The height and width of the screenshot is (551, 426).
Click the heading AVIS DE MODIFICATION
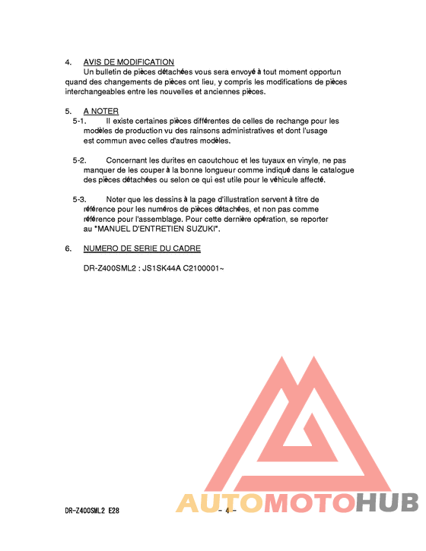click(x=129, y=62)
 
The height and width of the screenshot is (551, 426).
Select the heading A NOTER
click(x=100, y=112)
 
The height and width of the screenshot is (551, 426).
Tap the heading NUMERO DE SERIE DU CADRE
click(x=142, y=249)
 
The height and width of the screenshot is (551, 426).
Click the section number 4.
click(x=68, y=62)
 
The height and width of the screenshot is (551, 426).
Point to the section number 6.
click(x=68, y=249)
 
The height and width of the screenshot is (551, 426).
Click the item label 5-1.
click(x=79, y=121)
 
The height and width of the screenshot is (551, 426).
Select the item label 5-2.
click(x=79, y=160)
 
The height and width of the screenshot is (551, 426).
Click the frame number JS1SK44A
click(x=161, y=268)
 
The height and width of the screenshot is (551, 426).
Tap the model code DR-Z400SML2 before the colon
click(x=109, y=268)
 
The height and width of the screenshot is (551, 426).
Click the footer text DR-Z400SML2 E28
click(x=92, y=511)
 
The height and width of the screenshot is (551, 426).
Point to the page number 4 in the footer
click(x=227, y=511)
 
